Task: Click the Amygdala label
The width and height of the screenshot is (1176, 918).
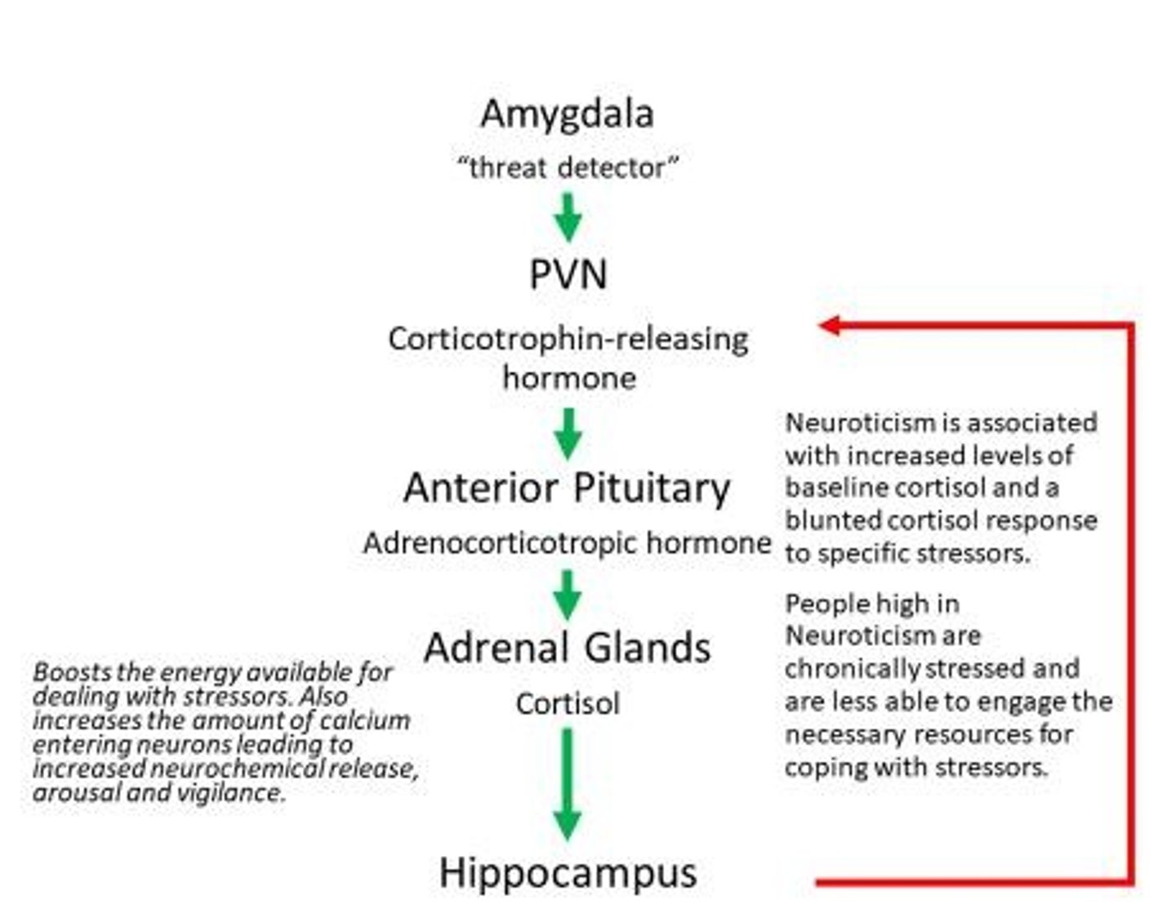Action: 567,114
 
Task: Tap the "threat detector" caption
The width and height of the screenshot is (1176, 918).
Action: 568,168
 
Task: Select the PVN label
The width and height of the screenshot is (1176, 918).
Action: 568,274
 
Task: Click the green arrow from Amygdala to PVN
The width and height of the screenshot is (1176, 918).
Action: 568,218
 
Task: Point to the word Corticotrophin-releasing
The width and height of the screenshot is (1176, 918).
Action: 568,339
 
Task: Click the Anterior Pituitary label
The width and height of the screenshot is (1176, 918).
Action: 567,488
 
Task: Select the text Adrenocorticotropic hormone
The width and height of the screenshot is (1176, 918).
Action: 567,543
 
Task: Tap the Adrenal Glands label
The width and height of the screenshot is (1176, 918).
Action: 567,648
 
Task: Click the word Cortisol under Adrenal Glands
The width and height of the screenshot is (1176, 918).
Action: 568,704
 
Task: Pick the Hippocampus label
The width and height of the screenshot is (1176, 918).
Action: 568,872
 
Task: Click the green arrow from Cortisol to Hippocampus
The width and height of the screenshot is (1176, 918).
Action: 568,784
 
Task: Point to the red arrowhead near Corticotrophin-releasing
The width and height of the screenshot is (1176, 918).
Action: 830,325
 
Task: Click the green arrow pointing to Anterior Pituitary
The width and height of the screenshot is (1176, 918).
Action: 568,433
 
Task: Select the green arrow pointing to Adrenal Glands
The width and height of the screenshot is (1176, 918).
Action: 568,595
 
